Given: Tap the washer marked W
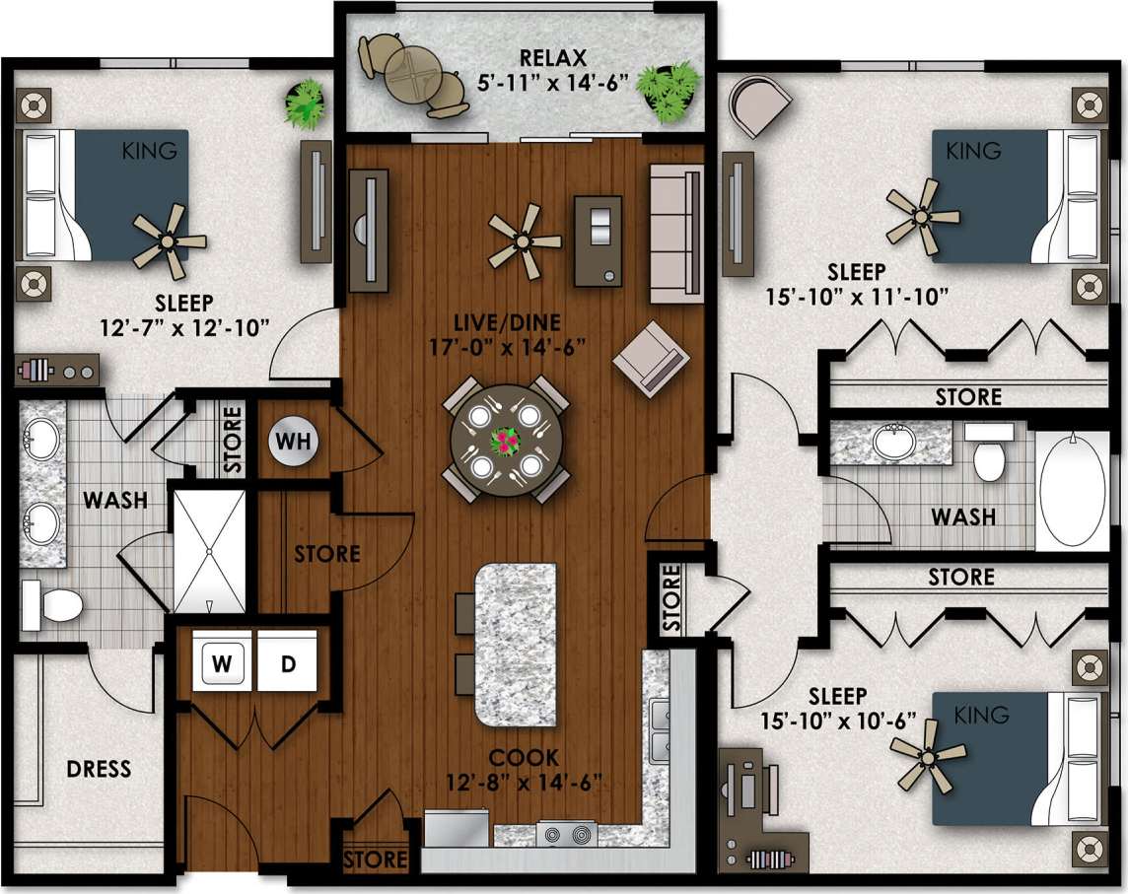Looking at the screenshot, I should click(226, 663).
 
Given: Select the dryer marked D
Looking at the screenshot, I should click(288, 663).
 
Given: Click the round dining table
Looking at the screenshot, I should click(504, 441).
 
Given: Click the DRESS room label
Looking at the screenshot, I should click(99, 768).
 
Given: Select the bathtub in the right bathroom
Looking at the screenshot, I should click(1074, 489).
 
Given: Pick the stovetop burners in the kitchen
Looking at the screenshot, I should click(568, 835).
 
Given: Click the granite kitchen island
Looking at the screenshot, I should click(514, 641).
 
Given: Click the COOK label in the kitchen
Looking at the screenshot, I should click(524, 758).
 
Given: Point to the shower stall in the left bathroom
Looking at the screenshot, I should click(209, 551).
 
